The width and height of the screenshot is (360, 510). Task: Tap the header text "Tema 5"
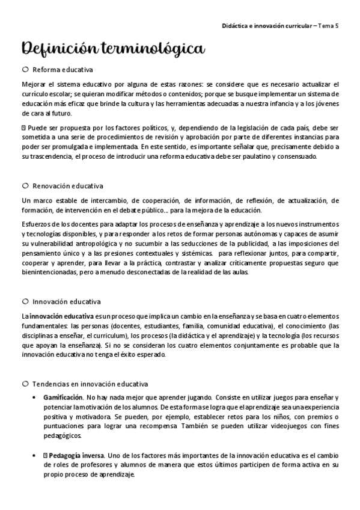click(328, 28)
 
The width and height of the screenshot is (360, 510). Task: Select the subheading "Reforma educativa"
click(63, 70)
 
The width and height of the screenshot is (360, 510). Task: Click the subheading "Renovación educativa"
click(68, 186)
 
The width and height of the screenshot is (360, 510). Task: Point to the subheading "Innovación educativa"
click(66, 301)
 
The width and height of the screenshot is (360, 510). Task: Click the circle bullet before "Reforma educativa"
click(25, 70)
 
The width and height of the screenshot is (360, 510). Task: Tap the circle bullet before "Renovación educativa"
click(25, 186)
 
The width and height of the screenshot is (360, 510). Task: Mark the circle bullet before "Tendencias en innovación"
click(25, 384)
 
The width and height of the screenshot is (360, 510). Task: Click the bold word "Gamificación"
click(63, 398)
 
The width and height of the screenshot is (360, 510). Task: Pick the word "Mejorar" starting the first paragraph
click(34, 84)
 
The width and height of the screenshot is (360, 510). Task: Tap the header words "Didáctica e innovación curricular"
click(267, 28)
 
